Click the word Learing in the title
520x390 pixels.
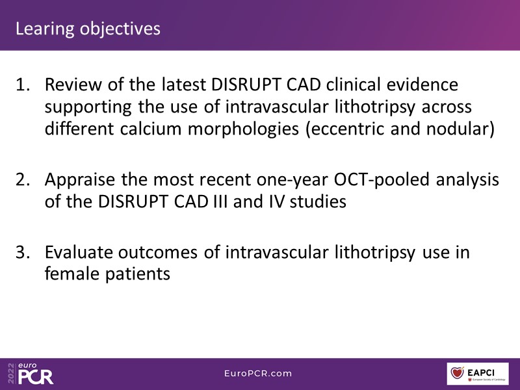45,29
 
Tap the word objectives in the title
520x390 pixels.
120,29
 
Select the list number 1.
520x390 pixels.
23,84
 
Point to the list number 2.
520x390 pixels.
23,179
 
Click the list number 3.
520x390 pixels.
23,252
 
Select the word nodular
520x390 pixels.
460,129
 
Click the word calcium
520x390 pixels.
151,129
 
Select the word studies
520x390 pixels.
318,201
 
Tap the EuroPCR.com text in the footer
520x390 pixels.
258,373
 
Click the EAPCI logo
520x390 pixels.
478,374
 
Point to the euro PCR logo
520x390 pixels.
31,373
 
